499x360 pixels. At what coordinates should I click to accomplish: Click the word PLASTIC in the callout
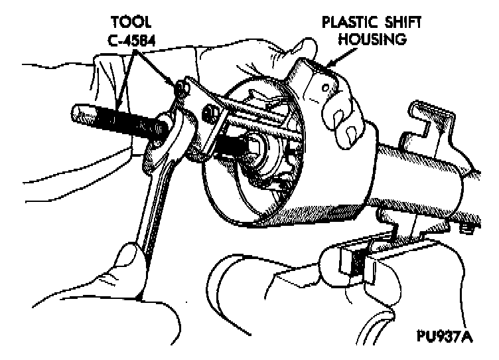coord(347,21)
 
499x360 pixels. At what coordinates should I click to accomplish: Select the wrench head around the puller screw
coord(171,131)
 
